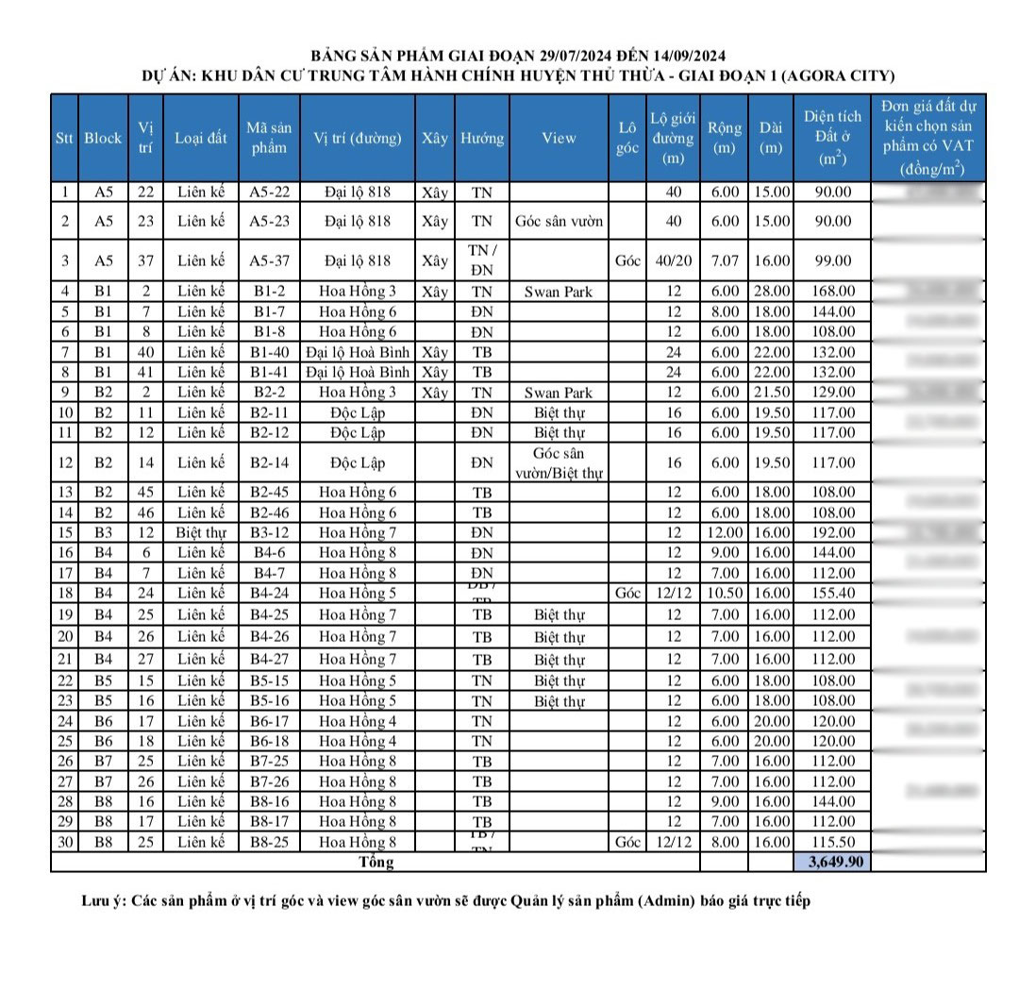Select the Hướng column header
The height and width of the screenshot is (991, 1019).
(482, 138)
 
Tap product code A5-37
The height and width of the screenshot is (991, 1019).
(269, 260)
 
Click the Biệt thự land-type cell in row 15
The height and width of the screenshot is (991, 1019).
(200, 532)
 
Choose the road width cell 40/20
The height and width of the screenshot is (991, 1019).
(673, 260)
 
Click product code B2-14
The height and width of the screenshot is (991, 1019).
(269, 462)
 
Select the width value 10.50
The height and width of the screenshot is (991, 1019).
(724, 593)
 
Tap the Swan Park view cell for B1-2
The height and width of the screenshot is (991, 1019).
(559, 292)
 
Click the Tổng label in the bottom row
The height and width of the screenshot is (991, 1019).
(376, 862)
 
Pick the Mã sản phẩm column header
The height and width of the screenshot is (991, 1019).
(269, 138)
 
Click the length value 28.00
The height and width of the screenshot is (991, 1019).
(771, 292)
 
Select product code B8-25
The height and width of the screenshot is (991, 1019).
(269, 842)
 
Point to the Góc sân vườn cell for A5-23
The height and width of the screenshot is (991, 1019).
(559, 222)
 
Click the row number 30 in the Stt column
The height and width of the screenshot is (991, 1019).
(64, 842)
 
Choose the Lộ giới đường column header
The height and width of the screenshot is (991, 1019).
(673, 138)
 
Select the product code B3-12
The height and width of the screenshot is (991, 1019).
(269, 532)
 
